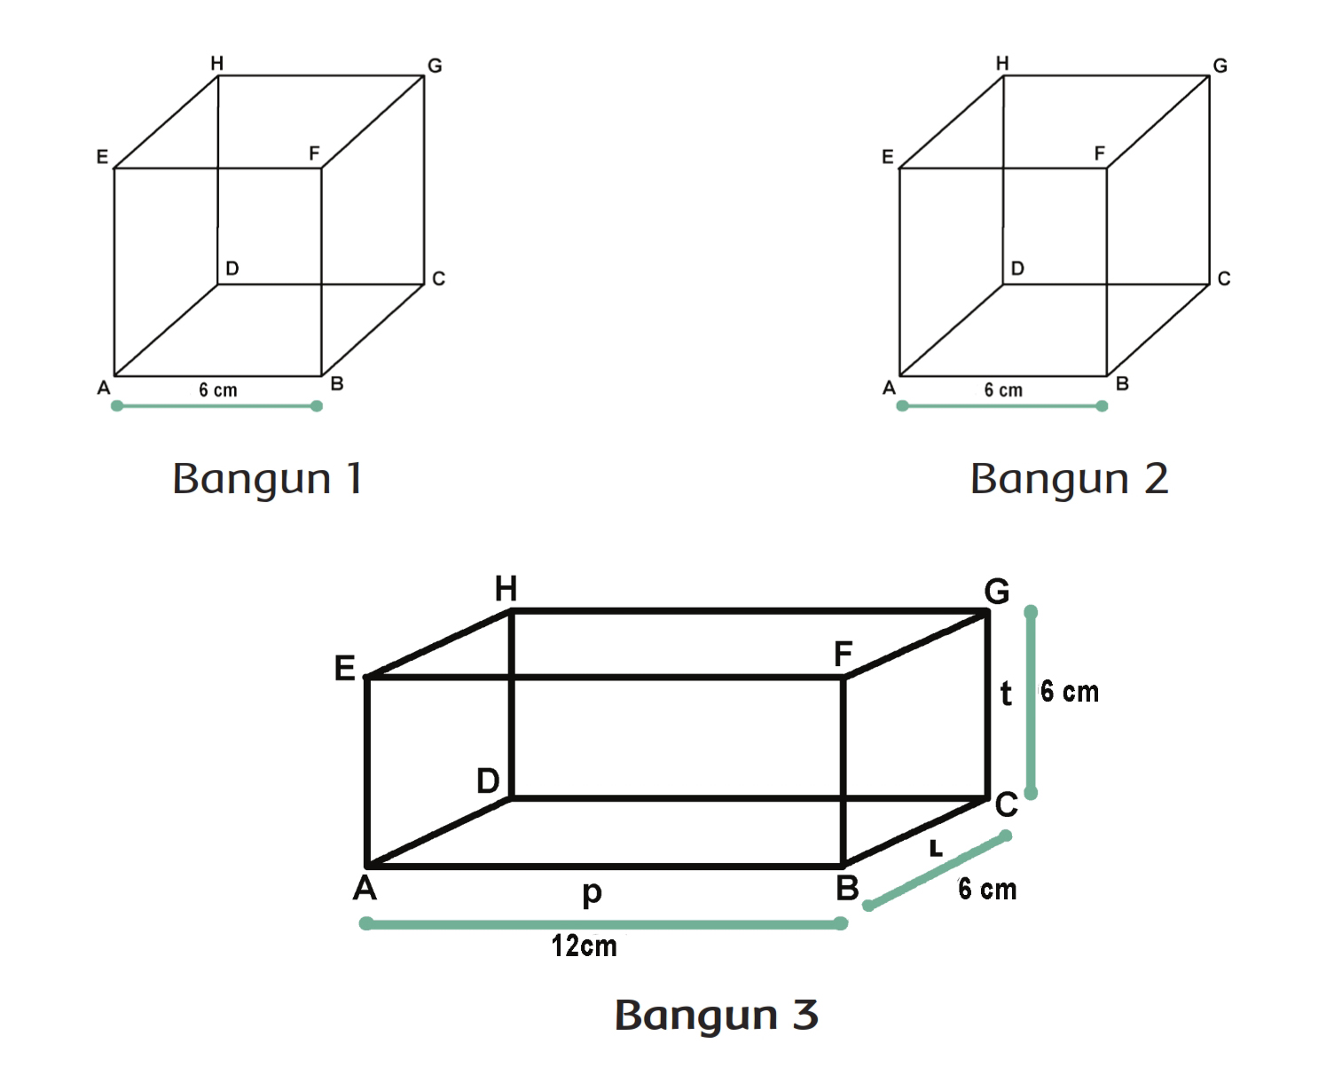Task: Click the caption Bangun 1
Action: pos(267,479)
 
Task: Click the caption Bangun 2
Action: pos(1069,479)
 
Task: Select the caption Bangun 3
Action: pos(716,1015)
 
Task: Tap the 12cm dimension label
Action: pos(584,946)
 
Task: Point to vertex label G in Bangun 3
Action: pos(997,591)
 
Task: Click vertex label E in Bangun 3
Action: pos(344,668)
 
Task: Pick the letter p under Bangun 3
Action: pos(592,892)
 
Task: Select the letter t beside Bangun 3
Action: pos(1006,693)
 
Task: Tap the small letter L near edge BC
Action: pos(935,849)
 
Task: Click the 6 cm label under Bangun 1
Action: pos(217,390)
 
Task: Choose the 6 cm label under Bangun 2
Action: pos(1003,390)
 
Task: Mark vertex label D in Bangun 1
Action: pos(232,269)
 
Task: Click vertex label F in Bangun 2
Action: pos(1099,153)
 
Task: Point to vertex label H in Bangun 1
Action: pos(216,63)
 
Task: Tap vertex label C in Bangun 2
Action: pos(1224,279)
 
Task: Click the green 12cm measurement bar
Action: pos(603,924)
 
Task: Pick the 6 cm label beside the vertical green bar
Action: pos(1070,692)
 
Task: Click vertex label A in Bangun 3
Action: pos(365,887)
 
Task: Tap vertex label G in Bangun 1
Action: pos(435,66)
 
